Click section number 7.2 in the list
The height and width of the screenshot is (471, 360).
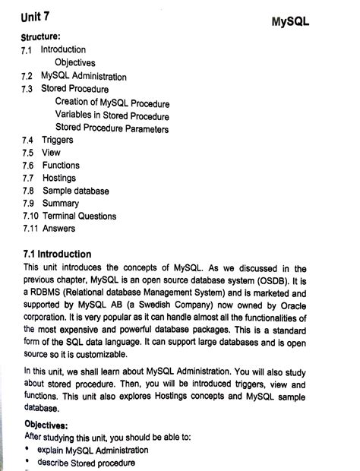30,76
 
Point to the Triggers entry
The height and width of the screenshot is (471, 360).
58,140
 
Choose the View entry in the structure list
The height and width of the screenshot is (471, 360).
51,152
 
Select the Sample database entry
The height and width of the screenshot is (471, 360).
76,190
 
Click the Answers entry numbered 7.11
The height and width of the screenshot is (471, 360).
58,228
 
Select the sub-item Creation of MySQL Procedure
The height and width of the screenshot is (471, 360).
112,103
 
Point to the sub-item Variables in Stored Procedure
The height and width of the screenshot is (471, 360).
112,115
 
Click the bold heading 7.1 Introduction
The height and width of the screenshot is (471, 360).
58,254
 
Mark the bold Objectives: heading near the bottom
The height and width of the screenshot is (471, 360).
48,425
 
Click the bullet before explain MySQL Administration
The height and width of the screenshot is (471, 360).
27,450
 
